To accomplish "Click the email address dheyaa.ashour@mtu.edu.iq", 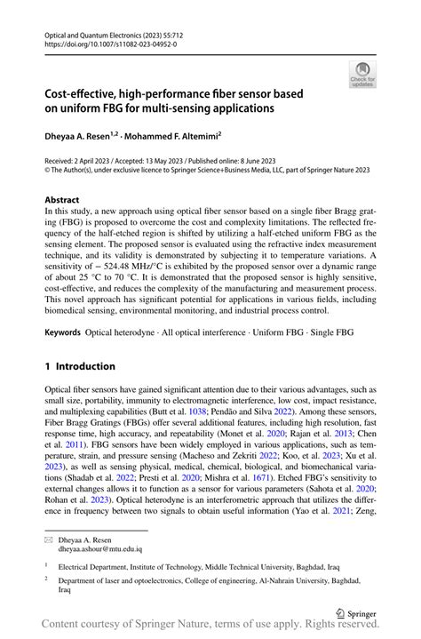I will point(100,549).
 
